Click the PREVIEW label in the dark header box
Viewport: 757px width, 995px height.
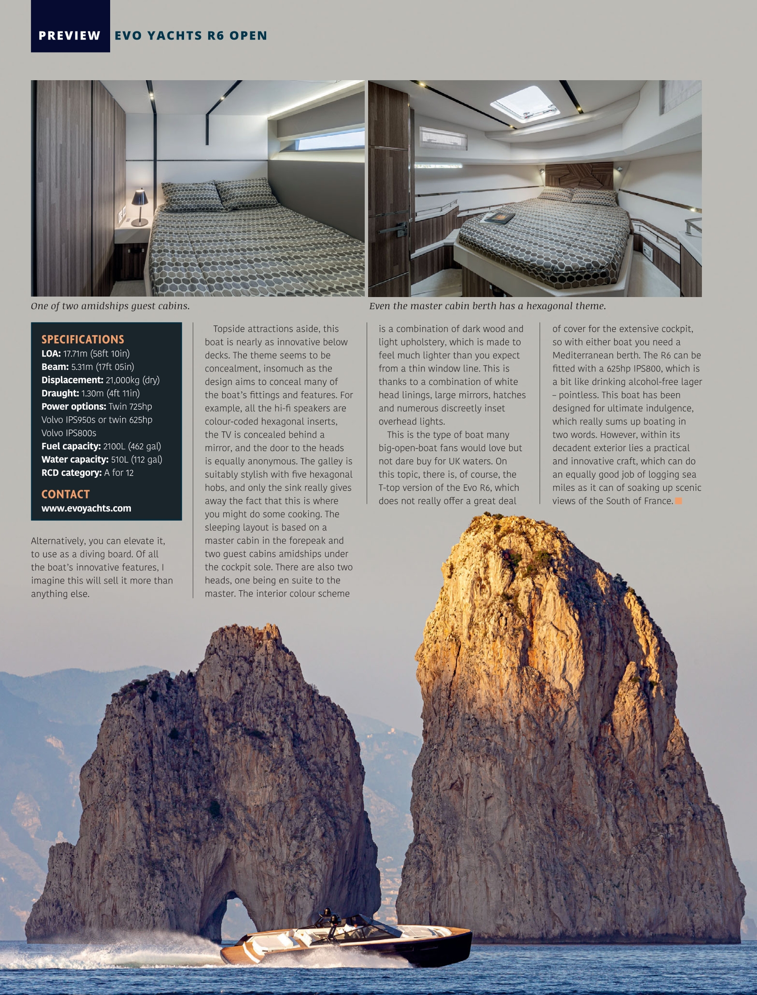[70, 36]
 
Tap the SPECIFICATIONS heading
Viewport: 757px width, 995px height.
[83, 339]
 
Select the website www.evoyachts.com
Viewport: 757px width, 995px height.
[86, 508]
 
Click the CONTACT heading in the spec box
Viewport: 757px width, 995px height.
[65, 494]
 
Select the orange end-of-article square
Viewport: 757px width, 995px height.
[678, 501]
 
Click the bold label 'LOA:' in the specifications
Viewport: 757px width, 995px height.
[51, 354]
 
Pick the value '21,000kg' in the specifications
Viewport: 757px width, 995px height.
[122, 380]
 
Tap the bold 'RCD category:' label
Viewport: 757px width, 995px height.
[71, 473]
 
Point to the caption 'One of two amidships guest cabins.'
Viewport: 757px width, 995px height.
[110, 306]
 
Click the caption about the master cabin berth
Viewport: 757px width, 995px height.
[487, 306]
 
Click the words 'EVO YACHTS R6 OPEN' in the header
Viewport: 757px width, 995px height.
[191, 36]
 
